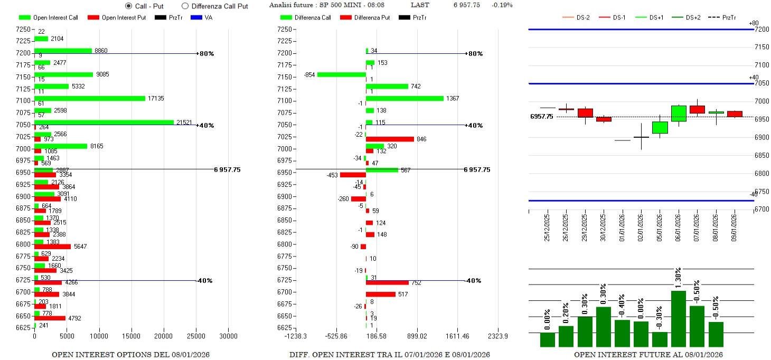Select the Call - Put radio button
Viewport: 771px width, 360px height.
(x=128, y=6)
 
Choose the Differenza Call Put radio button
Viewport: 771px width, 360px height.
(x=185, y=6)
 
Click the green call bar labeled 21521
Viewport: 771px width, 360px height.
(x=104, y=122)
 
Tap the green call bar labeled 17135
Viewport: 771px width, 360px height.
(x=90, y=98)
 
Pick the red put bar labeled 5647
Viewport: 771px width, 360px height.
(x=52, y=247)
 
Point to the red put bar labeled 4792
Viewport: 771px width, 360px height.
(x=50, y=318)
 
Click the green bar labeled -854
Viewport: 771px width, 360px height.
(x=342, y=74)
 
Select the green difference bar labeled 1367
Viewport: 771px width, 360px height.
(x=405, y=98)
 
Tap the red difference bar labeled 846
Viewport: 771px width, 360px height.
(x=390, y=139)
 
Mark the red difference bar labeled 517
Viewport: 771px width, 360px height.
(x=381, y=295)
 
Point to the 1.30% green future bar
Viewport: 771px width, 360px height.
(x=679, y=319)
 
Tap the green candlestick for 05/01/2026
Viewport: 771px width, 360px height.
(x=660, y=128)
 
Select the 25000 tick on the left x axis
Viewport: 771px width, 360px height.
(x=196, y=336)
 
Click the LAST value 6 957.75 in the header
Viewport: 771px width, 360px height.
(x=466, y=5)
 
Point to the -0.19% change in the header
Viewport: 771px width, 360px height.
(x=501, y=5)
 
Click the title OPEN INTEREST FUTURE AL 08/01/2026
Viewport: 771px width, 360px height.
(x=648, y=354)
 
